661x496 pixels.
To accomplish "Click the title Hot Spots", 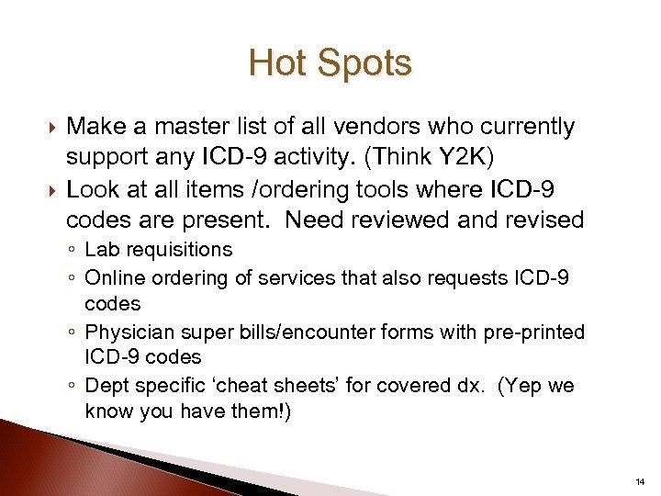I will [x=330, y=64].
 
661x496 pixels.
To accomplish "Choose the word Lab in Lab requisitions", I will [x=99, y=250].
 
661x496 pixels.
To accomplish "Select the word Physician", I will [x=127, y=331].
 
